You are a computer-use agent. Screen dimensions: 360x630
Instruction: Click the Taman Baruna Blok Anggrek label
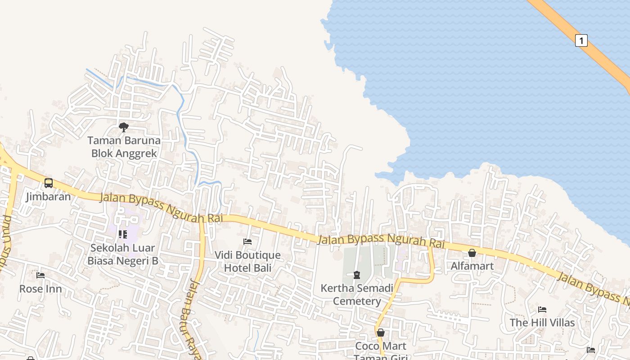(124, 147)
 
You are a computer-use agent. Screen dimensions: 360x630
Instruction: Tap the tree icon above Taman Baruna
(124, 127)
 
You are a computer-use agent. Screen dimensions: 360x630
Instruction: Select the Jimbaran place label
(48, 197)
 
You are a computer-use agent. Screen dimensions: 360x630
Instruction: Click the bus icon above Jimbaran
(48, 183)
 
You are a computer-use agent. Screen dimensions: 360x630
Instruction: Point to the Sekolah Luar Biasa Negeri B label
(122, 254)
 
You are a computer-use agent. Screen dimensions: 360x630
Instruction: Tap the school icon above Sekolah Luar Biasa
(122, 234)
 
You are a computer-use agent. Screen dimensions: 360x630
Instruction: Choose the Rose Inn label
(40, 288)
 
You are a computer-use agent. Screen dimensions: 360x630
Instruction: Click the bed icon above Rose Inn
(40, 275)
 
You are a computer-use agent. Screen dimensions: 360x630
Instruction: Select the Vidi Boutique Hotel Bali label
(247, 261)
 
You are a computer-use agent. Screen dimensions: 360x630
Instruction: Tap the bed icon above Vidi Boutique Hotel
(247, 242)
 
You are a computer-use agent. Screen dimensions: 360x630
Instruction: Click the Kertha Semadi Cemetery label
(357, 294)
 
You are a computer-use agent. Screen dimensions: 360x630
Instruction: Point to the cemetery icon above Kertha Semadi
(357, 274)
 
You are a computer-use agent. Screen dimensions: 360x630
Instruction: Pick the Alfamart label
(472, 266)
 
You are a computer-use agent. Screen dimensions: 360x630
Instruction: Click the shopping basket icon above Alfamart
(472, 253)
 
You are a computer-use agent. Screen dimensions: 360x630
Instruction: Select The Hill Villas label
(542, 323)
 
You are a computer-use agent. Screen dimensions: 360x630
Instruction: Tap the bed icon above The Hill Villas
(542, 310)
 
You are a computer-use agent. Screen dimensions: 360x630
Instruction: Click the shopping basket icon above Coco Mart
(381, 333)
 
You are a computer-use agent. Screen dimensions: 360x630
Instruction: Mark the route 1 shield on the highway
(581, 40)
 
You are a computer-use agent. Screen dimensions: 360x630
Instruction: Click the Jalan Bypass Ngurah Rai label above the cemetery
(381, 240)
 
